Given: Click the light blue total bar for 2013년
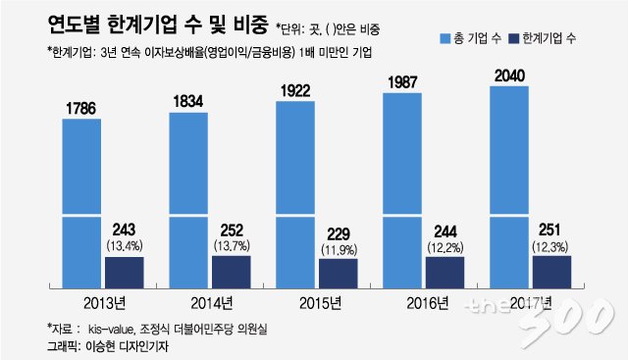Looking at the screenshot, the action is pyautogui.click(x=81, y=203).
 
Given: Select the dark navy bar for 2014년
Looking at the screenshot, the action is pyautogui.click(x=232, y=272).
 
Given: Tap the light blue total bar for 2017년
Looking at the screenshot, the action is pyautogui.click(x=509, y=187).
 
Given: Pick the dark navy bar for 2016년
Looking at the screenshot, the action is pyautogui.click(x=445, y=273).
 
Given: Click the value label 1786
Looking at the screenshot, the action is pyautogui.click(x=80, y=109).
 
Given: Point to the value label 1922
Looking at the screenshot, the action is pyautogui.click(x=295, y=91).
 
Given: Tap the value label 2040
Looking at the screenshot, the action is pyautogui.click(x=509, y=76).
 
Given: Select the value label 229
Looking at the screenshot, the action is pyautogui.click(x=339, y=234).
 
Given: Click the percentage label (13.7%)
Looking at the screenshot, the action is pyautogui.click(x=232, y=245).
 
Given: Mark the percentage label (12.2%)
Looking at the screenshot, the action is pyautogui.click(x=445, y=247).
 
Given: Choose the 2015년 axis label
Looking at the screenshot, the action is pyautogui.click(x=321, y=303).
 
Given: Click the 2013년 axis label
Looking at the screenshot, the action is pyautogui.click(x=105, y=303).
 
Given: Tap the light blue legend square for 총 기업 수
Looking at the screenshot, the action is pyautogui.click(x=445, y=38).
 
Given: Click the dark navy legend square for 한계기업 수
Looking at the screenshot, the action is pyautogui.click(x=513, y=38).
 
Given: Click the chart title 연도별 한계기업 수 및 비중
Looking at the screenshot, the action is pyautogui.click(x=157, y=25).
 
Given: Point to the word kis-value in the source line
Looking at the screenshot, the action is pyautogui.click(x=110, y=330).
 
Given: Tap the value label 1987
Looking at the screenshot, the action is pyautogui.click(x=402, y=82).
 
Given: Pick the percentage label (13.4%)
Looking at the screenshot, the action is pyautogui.click(x=125, y=245).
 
